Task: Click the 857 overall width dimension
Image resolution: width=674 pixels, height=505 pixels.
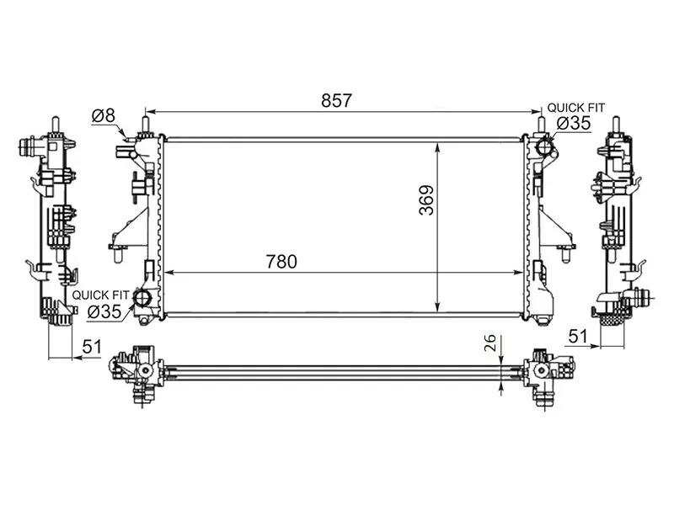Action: tap(336, 100)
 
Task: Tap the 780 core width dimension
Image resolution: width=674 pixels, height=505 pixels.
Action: tap(281, 262)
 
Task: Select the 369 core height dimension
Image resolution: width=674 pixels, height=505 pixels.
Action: tap(427, 200)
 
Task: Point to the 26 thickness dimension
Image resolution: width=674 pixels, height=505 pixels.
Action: tap(490, 343)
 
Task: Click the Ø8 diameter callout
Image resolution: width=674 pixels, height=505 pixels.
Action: tap(104, 115)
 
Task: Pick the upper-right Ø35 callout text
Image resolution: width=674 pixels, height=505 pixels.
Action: tap(574, 123)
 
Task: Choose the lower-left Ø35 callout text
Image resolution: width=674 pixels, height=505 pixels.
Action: tap(104, 311)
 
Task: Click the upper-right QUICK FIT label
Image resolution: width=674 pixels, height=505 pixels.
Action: tap(575, 108)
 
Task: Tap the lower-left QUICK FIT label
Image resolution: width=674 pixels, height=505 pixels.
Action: tap(100, 295)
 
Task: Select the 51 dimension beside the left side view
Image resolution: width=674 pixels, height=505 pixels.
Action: tap(92, 347)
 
